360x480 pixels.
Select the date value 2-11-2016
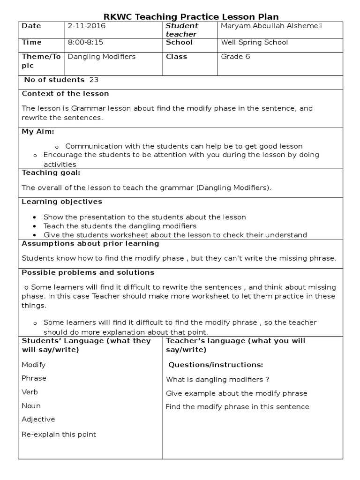87,26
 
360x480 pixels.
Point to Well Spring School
255,43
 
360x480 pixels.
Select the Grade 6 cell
233,57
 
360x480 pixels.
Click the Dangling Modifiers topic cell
102,57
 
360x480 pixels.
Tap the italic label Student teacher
182,30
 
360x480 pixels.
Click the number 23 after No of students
94,80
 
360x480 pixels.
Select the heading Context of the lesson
65,94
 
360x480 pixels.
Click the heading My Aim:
38,131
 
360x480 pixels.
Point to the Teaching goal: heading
51,173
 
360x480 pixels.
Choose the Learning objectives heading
62,202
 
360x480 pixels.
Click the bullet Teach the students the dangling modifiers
120,226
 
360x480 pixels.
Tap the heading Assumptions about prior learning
90,244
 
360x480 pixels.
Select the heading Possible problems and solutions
88,273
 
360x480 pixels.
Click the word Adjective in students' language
38,420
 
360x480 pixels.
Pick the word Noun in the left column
31,406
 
